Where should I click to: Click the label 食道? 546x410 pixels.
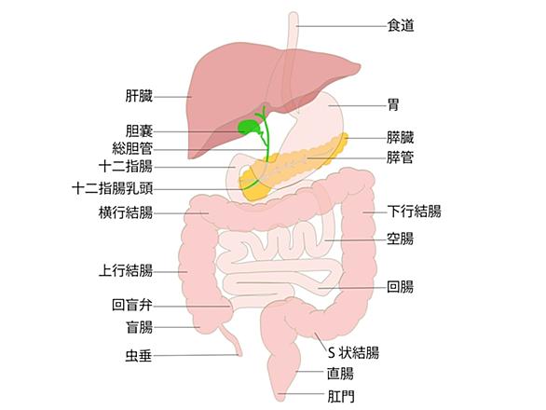click(401, 26)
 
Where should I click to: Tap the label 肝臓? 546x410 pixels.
click(139, 96)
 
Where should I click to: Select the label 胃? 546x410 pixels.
click(393, 104)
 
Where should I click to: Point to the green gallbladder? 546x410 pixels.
click(250, 127)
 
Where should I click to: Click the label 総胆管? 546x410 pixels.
click(132, 149)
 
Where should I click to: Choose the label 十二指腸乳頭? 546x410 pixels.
click(112, 189)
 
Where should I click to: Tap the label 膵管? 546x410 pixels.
click(401, 157)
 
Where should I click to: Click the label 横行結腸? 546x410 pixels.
click(126, 212)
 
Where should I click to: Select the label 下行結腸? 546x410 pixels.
click(415, 212)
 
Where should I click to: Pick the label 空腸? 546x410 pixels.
click(401, 239)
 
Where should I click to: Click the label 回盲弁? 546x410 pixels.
click(132, 305)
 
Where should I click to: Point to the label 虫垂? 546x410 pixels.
click(139, 356)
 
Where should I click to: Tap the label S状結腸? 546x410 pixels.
click(353, 353)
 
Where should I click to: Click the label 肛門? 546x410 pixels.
click(341, 396)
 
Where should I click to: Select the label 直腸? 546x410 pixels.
click(341, 374)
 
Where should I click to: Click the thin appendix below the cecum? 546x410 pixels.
click(231, 340)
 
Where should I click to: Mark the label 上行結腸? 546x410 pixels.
click(126, 270)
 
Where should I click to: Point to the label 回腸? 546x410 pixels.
click(401, 287)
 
